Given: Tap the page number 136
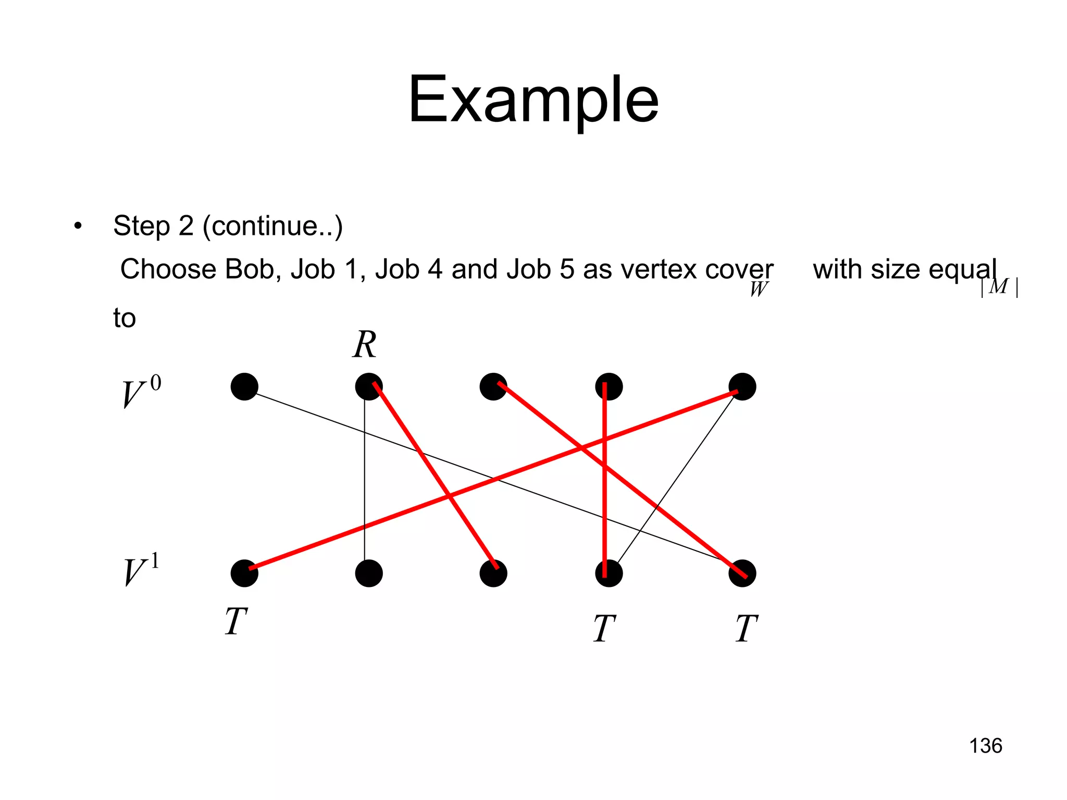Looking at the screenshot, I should (985, 746).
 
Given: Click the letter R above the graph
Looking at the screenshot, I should (364, 345).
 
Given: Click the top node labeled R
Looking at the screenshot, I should (368, 386).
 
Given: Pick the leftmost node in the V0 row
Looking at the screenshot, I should (244, 386).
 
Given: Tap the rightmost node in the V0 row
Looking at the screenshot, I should (742, 386).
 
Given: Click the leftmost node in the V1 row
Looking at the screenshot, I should (244, 573).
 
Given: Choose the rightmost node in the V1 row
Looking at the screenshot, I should (742, 573).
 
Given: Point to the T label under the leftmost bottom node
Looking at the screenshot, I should (235, 622).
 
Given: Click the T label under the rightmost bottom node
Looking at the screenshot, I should (746, 629).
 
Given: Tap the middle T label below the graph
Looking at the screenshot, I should (604, 629).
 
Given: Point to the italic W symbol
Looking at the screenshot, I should (758, 289).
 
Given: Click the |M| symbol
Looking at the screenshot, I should (999, 287).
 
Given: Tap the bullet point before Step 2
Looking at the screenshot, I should (78, 226).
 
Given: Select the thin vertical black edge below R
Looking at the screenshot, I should (365, 469).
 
